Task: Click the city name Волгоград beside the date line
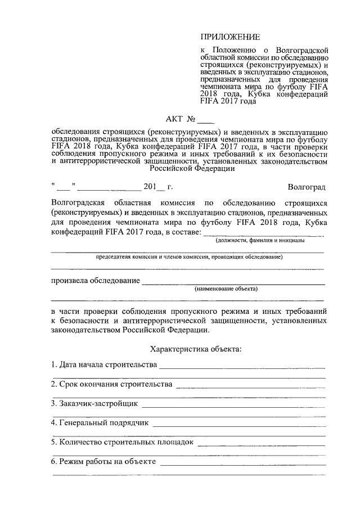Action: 305,187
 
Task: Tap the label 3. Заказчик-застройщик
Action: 94,403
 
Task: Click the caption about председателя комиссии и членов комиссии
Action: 189,256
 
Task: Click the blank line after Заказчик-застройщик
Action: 233,406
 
